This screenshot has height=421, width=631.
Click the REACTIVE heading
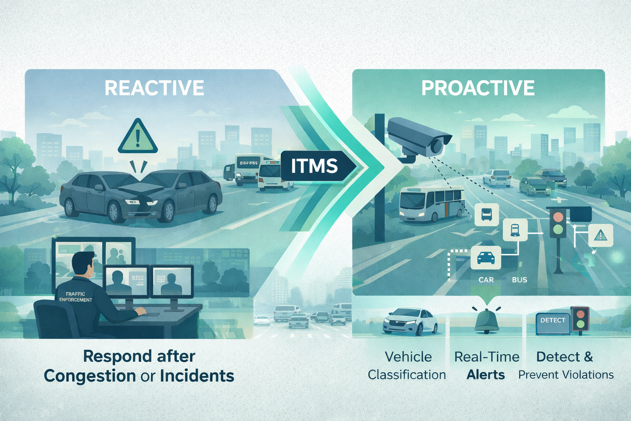click(x=154, y=88)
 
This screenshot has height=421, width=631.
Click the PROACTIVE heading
click(x=478, y=88)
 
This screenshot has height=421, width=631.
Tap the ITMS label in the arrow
click(x=314, y=166)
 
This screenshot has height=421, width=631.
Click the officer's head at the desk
click(x=83, y=264)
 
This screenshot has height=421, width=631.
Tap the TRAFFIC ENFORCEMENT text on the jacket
click(x=76, y=297)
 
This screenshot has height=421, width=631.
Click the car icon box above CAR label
click(x=486, y=258)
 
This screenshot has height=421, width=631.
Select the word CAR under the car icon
click(x=486, y=280)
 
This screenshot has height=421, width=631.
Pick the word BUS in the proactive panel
click(x=519, y=280)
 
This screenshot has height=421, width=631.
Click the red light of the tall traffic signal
click(x=557, y=217)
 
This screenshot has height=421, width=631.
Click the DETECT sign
click(x=553, y=321)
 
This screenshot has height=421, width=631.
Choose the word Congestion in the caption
click(x=90, y=376)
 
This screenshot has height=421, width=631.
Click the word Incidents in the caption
click(x=197, y=376)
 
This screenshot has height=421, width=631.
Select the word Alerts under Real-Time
click(x=486, y=375)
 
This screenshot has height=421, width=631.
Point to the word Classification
click(x=407, y=375)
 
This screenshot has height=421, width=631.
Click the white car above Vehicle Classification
click(x=410, y=322)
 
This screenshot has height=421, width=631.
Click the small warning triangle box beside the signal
click(x=601, y=236)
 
